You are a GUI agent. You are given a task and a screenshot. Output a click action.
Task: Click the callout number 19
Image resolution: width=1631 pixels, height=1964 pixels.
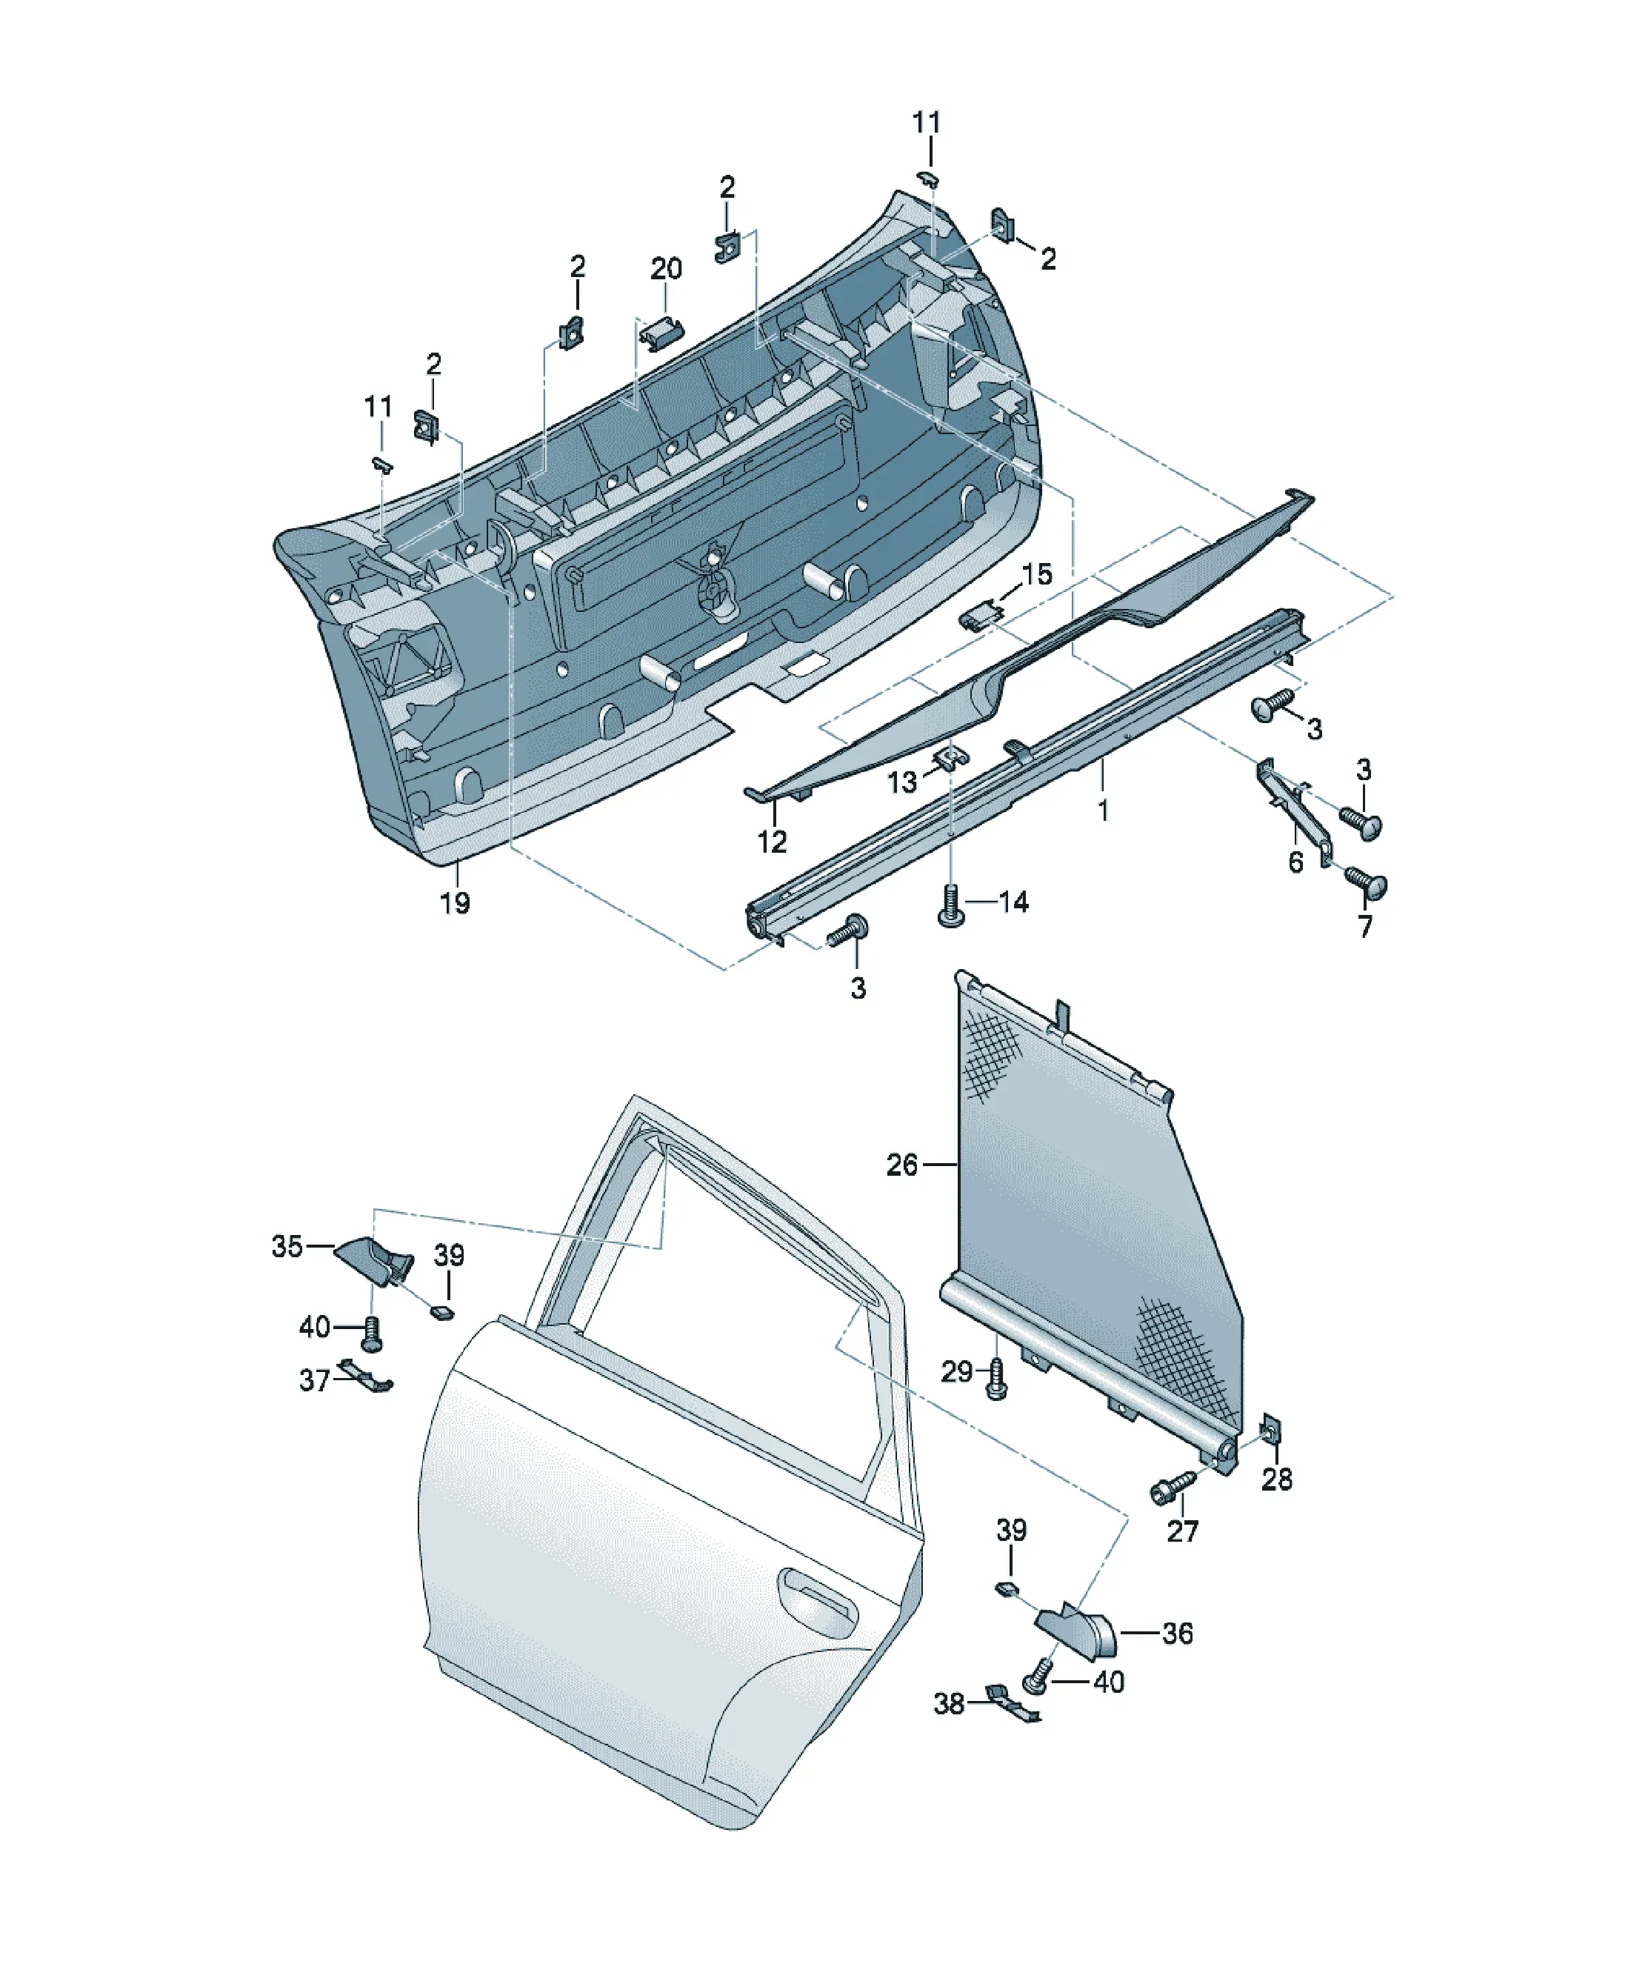(456, 903)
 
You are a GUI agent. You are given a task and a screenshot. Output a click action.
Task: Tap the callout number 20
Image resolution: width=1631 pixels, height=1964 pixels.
(666, 270)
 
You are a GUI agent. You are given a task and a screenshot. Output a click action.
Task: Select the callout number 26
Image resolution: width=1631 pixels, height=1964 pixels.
(902, 1165)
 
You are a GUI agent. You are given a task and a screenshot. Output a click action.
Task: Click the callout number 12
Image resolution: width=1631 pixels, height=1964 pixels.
(772, 842)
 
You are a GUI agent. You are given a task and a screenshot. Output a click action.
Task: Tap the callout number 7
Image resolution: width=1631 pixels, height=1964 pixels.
(1365, 927)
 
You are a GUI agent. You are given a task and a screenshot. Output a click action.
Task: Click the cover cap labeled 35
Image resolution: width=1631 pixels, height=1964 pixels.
(374, 1259)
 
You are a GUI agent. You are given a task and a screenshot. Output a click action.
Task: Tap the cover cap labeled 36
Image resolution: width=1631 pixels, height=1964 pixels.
(1078, 1632)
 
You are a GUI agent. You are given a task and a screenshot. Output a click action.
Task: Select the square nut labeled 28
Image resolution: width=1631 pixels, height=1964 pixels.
(1271, 1430)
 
